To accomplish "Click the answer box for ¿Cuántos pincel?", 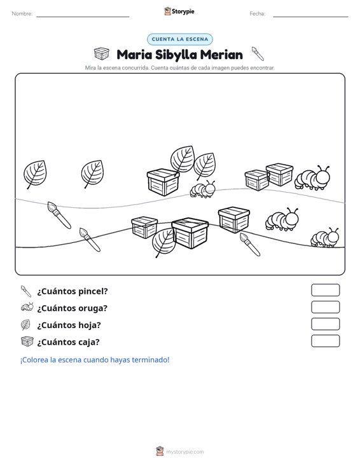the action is point(325,290).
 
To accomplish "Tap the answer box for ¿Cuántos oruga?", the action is point(325,307).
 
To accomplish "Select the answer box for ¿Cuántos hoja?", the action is point(325,324).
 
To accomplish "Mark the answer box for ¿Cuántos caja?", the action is point(325,341).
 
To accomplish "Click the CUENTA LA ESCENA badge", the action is point(180,39).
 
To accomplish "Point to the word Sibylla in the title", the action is point(176,55).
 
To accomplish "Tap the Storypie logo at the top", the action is point(179,11).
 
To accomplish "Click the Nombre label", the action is point(22,14).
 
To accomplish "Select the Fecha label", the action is point(258,14).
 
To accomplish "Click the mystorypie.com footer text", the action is point(184,452).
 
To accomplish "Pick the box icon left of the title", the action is point(102,53).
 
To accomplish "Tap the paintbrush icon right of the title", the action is point(258,53).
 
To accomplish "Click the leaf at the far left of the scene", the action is point(35,174).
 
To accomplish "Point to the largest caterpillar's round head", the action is point(322,177).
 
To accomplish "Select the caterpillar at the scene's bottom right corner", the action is point(324,238).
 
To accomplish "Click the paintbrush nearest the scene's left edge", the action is point(59,215).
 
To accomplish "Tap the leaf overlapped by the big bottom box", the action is point(163,242).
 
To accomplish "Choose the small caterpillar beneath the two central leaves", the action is point(202,189).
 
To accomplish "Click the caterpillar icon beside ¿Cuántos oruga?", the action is point(27,307).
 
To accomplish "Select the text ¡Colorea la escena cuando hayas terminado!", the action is point(95,360).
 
